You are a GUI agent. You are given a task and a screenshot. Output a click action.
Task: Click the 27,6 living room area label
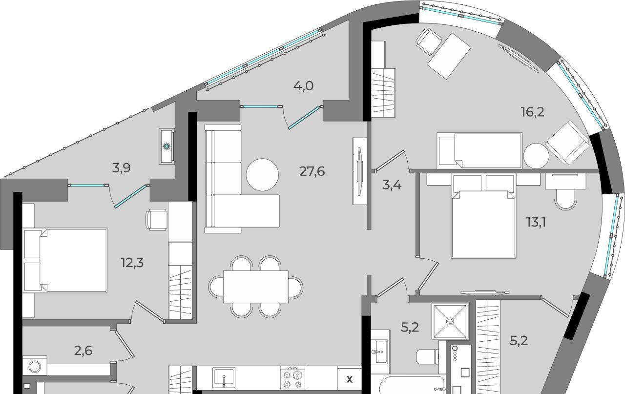312,171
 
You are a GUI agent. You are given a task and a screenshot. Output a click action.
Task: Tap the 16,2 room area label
533,112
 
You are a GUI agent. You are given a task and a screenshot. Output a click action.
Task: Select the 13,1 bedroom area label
536,223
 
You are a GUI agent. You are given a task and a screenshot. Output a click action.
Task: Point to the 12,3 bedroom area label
132,263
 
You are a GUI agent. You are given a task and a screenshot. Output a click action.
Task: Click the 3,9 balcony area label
122,168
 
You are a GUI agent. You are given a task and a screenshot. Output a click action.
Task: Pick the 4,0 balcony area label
303,85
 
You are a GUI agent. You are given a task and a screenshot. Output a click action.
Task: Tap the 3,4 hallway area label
392,185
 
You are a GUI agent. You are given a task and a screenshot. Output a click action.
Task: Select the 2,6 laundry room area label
83,351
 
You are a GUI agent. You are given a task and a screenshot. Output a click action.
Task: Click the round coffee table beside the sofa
262,175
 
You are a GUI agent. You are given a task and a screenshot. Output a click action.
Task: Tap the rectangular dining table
255,287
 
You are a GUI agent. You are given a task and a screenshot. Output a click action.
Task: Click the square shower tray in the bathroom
450,321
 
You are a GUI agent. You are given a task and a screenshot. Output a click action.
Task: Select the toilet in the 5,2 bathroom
427,356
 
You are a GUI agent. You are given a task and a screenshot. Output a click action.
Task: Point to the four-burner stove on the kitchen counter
292,378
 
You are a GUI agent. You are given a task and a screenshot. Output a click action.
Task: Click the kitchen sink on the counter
224,377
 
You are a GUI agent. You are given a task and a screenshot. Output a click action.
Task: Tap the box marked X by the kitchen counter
349,379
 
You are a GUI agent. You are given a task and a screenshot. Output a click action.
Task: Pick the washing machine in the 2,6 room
35,366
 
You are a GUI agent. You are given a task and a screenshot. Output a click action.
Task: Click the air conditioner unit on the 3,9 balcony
167,146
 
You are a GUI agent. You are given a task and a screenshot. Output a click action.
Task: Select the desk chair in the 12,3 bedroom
157,220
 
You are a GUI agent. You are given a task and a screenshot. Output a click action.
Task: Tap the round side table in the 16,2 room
536,156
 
